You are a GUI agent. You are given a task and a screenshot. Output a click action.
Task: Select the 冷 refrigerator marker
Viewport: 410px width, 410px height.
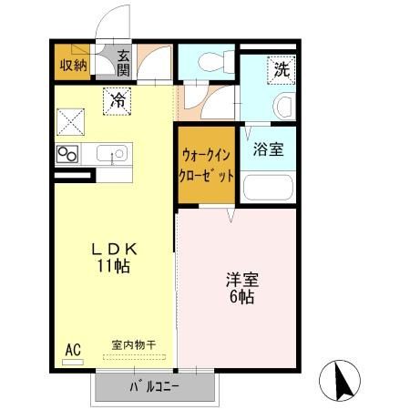point(118,100)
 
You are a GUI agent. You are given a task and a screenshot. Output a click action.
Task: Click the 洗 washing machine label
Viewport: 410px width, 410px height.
point(280,67)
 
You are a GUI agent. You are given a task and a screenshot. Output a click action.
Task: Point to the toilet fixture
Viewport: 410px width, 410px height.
point(209,62)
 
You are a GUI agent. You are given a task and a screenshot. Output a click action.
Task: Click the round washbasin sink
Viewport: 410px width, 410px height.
point(283,106)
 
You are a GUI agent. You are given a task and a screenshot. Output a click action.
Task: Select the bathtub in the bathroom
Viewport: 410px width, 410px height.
point(267,188)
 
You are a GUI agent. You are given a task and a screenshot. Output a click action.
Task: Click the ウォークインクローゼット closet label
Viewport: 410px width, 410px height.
point(208,165)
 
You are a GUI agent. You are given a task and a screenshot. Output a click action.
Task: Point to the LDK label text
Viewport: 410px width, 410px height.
point(113,249)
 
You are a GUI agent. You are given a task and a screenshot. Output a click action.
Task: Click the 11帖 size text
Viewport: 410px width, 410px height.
point(114,267)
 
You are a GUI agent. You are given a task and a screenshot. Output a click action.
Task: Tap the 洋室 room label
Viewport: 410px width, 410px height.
point(241,280)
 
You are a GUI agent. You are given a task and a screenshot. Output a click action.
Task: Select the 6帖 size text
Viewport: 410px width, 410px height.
point(241,298)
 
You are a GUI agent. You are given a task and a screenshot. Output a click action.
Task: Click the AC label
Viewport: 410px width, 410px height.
point(73,347)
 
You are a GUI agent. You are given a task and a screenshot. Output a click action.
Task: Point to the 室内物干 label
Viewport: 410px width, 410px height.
point(134,344)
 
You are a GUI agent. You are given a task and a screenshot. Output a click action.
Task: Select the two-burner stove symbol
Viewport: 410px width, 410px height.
point(67,154)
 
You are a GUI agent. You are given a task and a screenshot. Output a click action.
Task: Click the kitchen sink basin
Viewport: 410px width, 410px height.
point(112,153)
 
